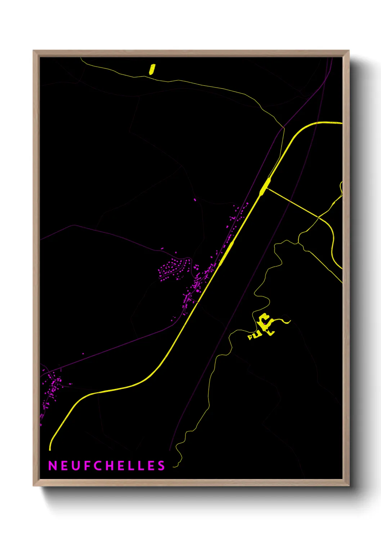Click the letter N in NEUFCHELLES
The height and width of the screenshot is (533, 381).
point(53,466)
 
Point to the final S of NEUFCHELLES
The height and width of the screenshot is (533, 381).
point(161,466)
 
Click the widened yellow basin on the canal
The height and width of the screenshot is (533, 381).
point(265,187)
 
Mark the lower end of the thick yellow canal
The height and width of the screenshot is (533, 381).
point(50,449)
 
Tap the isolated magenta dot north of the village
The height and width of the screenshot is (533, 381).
point(195,199)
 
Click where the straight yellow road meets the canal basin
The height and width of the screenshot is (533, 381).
point(267,188)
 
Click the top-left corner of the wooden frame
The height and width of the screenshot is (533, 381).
point(34,51)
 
